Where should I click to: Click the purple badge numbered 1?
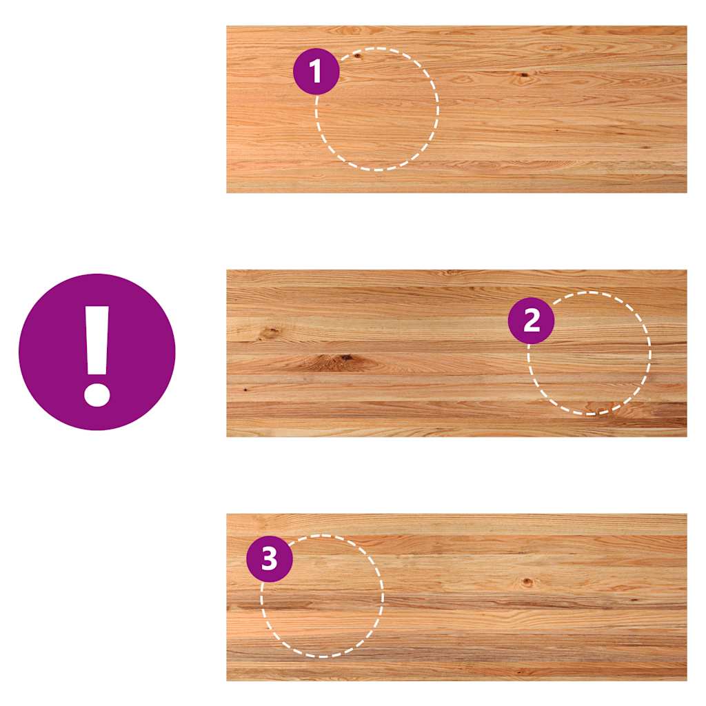[x=316, y=71]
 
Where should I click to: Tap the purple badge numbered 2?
[x=532, y=321]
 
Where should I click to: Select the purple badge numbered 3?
[x=270, y=558]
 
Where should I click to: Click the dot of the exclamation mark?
[x=97, y=395]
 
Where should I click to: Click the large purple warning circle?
[x=97, y=352]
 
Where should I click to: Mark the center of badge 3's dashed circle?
[x=323, y=596]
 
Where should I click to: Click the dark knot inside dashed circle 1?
[x=357, y=56]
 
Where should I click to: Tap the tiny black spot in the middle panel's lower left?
[x=245, y=389]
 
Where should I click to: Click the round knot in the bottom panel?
[x=527, y=582]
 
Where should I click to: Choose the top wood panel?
[x=456, y=110]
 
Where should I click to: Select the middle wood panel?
[x=456, y=354]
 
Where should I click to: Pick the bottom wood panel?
[x=456, y=597]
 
